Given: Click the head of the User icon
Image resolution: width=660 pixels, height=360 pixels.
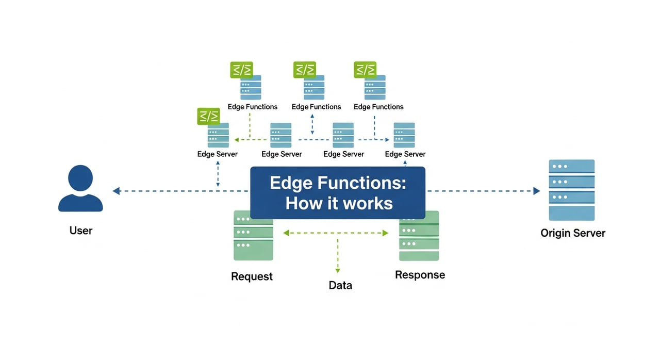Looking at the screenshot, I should point(80,178).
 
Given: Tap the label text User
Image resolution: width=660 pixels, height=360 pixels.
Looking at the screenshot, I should point(81,230).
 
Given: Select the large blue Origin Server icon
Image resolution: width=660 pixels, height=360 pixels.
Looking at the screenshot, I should point(572,190).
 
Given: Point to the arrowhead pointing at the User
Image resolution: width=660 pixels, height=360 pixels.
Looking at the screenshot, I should point(117,191).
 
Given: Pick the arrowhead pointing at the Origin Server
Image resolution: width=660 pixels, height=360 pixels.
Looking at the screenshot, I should point(536,191).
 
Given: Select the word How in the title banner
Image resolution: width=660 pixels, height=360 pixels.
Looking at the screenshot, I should point(301,203).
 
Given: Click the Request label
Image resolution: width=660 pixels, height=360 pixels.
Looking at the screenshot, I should point(252,276).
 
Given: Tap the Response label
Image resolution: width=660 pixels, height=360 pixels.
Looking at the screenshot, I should point(420,275).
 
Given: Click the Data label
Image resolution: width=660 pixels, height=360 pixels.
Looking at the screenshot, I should point(340,285).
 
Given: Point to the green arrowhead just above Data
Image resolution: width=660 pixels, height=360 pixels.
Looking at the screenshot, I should point(338,270).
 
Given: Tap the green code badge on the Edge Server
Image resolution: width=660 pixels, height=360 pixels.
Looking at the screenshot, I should point(208,117).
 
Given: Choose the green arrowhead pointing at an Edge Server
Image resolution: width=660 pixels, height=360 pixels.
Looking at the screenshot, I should point(236,139).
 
